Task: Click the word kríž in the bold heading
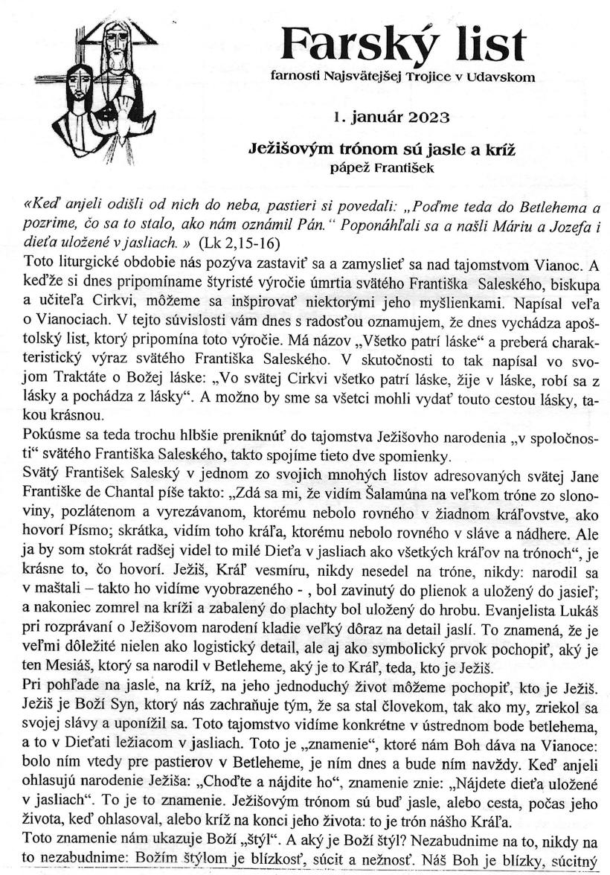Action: pyautogui.click(x=501, y=149)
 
